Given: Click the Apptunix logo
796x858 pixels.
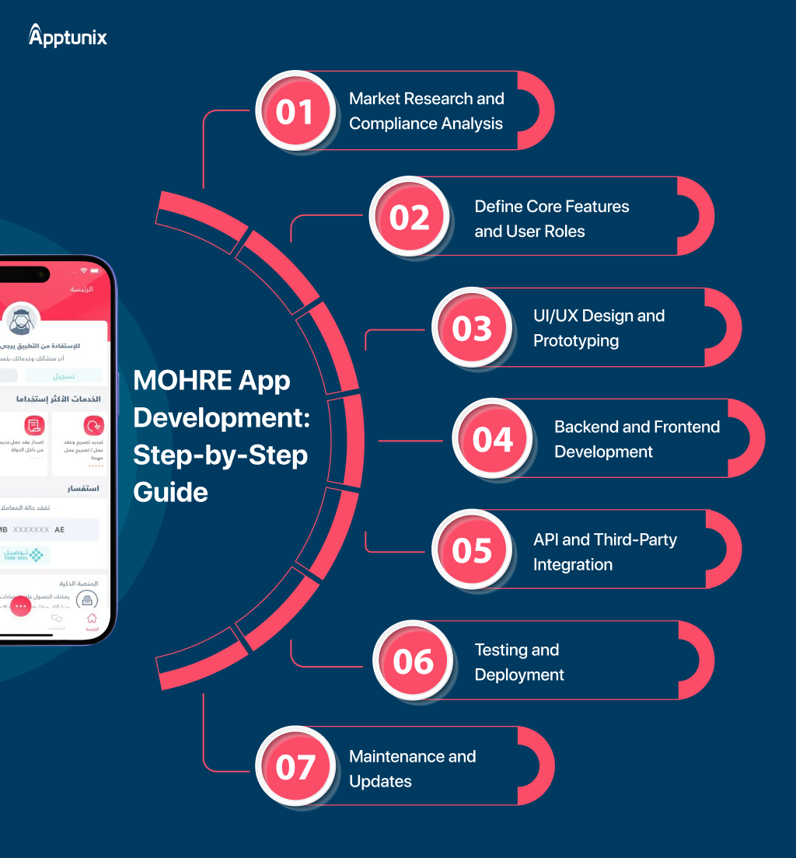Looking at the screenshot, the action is click(68, 36).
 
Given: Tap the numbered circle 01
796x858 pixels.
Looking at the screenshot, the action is click(295, 111).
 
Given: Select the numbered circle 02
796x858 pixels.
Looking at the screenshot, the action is click(410, 217).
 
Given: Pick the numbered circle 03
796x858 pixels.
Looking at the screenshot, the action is click(472, 327).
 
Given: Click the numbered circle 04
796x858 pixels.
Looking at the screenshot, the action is click(493, 438).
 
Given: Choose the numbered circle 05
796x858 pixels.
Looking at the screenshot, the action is click(472, 549).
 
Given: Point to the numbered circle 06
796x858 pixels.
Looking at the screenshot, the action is click(413, 661).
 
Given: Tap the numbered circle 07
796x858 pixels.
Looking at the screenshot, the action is click(295, 767).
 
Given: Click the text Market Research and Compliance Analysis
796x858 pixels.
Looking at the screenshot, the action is click(426, 111).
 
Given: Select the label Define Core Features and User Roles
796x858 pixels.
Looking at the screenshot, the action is click(551, 218).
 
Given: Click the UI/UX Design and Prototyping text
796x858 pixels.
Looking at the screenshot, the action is click(599, 328).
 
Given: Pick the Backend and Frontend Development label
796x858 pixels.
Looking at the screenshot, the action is click(637, 439).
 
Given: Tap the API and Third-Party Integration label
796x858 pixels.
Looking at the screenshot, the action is click(604, 552).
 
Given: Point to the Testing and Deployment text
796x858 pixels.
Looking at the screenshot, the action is click(518, 662).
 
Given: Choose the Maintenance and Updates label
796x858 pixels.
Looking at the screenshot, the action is click(412, 769).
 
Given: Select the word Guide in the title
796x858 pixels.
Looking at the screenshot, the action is click(170, 492).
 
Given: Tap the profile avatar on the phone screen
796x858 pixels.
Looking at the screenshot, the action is click(22, 319).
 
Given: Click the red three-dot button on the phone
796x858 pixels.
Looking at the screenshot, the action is click(21, 605).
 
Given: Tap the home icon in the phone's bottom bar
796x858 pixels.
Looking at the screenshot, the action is click(92, 619).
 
